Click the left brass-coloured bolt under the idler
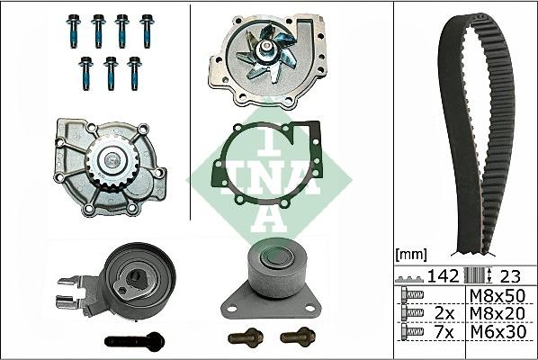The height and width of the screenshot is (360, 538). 242,337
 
